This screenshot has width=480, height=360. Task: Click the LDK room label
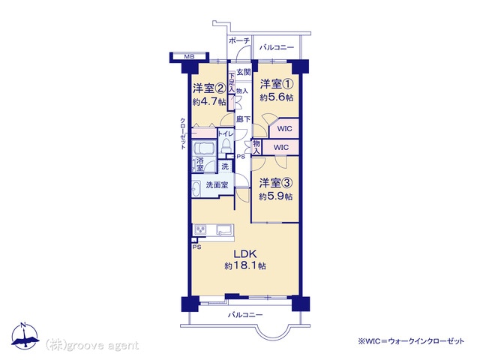(x=245, y=253)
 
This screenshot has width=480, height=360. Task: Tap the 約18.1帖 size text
(x=245, y=265)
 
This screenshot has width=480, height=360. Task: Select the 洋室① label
(x=277, y=83)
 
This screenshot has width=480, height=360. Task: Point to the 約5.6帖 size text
(x=277, y=97)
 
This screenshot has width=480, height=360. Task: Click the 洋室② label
(x=209, y=88)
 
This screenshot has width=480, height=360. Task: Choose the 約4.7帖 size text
(x=209, y=101)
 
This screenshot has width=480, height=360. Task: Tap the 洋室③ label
(x=276, y=183)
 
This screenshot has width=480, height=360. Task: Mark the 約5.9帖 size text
(x=275, y=196)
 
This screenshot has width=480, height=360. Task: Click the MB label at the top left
(x=189, y=56)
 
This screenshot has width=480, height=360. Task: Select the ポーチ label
(x=239, y=40)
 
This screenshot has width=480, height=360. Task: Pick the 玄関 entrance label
(x=244, y=72)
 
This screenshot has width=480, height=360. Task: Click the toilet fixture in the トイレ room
(x=226, y=145)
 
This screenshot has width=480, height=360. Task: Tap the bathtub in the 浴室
(x=204, y=148)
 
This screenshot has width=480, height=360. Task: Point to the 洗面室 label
(x=217, y=185)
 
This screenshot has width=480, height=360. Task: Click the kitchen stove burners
(x=200, y=229)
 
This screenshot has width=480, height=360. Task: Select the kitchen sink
(x=224, y=229)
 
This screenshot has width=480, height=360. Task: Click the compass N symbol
(x=22, y=325)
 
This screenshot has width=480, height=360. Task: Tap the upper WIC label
(x=284, y=128)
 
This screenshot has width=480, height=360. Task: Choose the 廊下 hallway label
(x=243, y=119)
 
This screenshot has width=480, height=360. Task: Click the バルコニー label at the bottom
(x=245, y=315)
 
